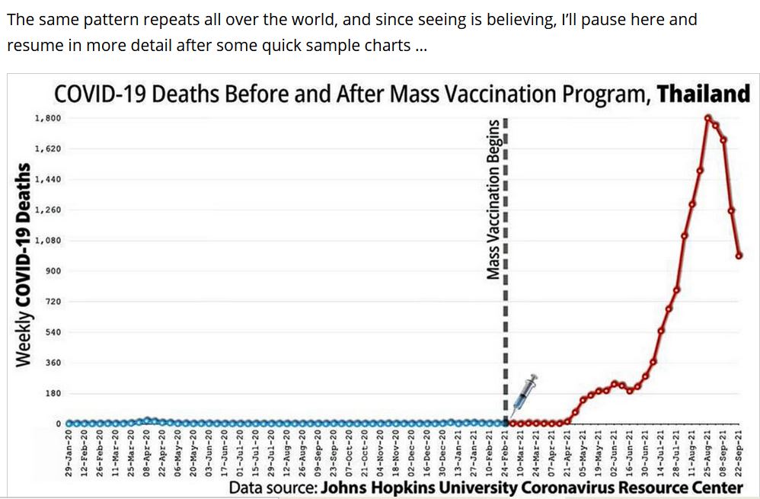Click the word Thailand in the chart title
coord(703,94)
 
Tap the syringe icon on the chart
coord(525,392)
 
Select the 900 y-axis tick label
coord(53,271)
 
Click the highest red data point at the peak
coord(707,118)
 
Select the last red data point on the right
coord(739,256)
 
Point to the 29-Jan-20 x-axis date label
coord(69,453)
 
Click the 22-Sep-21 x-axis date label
coord(739,453)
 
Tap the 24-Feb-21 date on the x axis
coord(506,453)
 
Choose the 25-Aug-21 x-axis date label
coord(707,453)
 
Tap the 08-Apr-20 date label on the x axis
coord(147,453)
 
